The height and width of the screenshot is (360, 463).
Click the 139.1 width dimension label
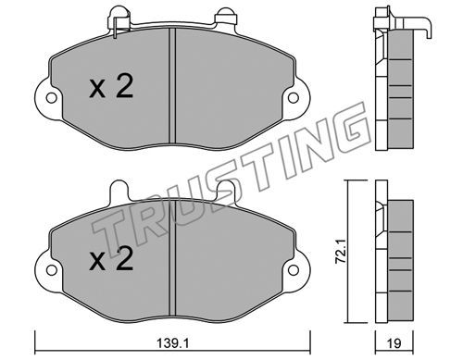click(x=172, y=343)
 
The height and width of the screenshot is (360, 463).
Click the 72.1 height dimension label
click(x=341, y=253)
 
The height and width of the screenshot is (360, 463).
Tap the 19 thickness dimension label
click(x=394, y=343)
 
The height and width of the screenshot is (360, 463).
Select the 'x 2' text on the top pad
click(x=111, y=86)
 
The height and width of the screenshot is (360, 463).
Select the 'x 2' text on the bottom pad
click(x=111, y=259)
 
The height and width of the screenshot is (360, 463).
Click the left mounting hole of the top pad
click(x=52, y=98)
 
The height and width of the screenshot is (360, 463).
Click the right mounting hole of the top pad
click(x=294, y=98)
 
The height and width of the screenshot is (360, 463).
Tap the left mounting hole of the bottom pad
click(x=52, y=270)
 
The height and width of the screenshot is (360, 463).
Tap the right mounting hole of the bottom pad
click(x=294, y=270)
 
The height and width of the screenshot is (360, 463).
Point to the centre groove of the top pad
click(x=172, y=85)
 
